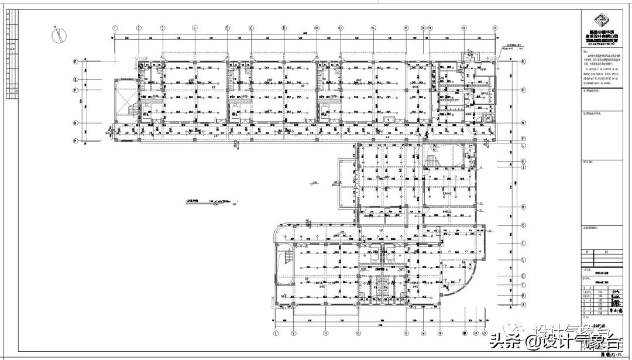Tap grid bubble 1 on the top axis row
tap(116, 28)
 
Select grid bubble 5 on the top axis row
tap(228, 28)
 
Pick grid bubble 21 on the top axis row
tap(494, 28)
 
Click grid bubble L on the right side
tap(523, 145)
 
